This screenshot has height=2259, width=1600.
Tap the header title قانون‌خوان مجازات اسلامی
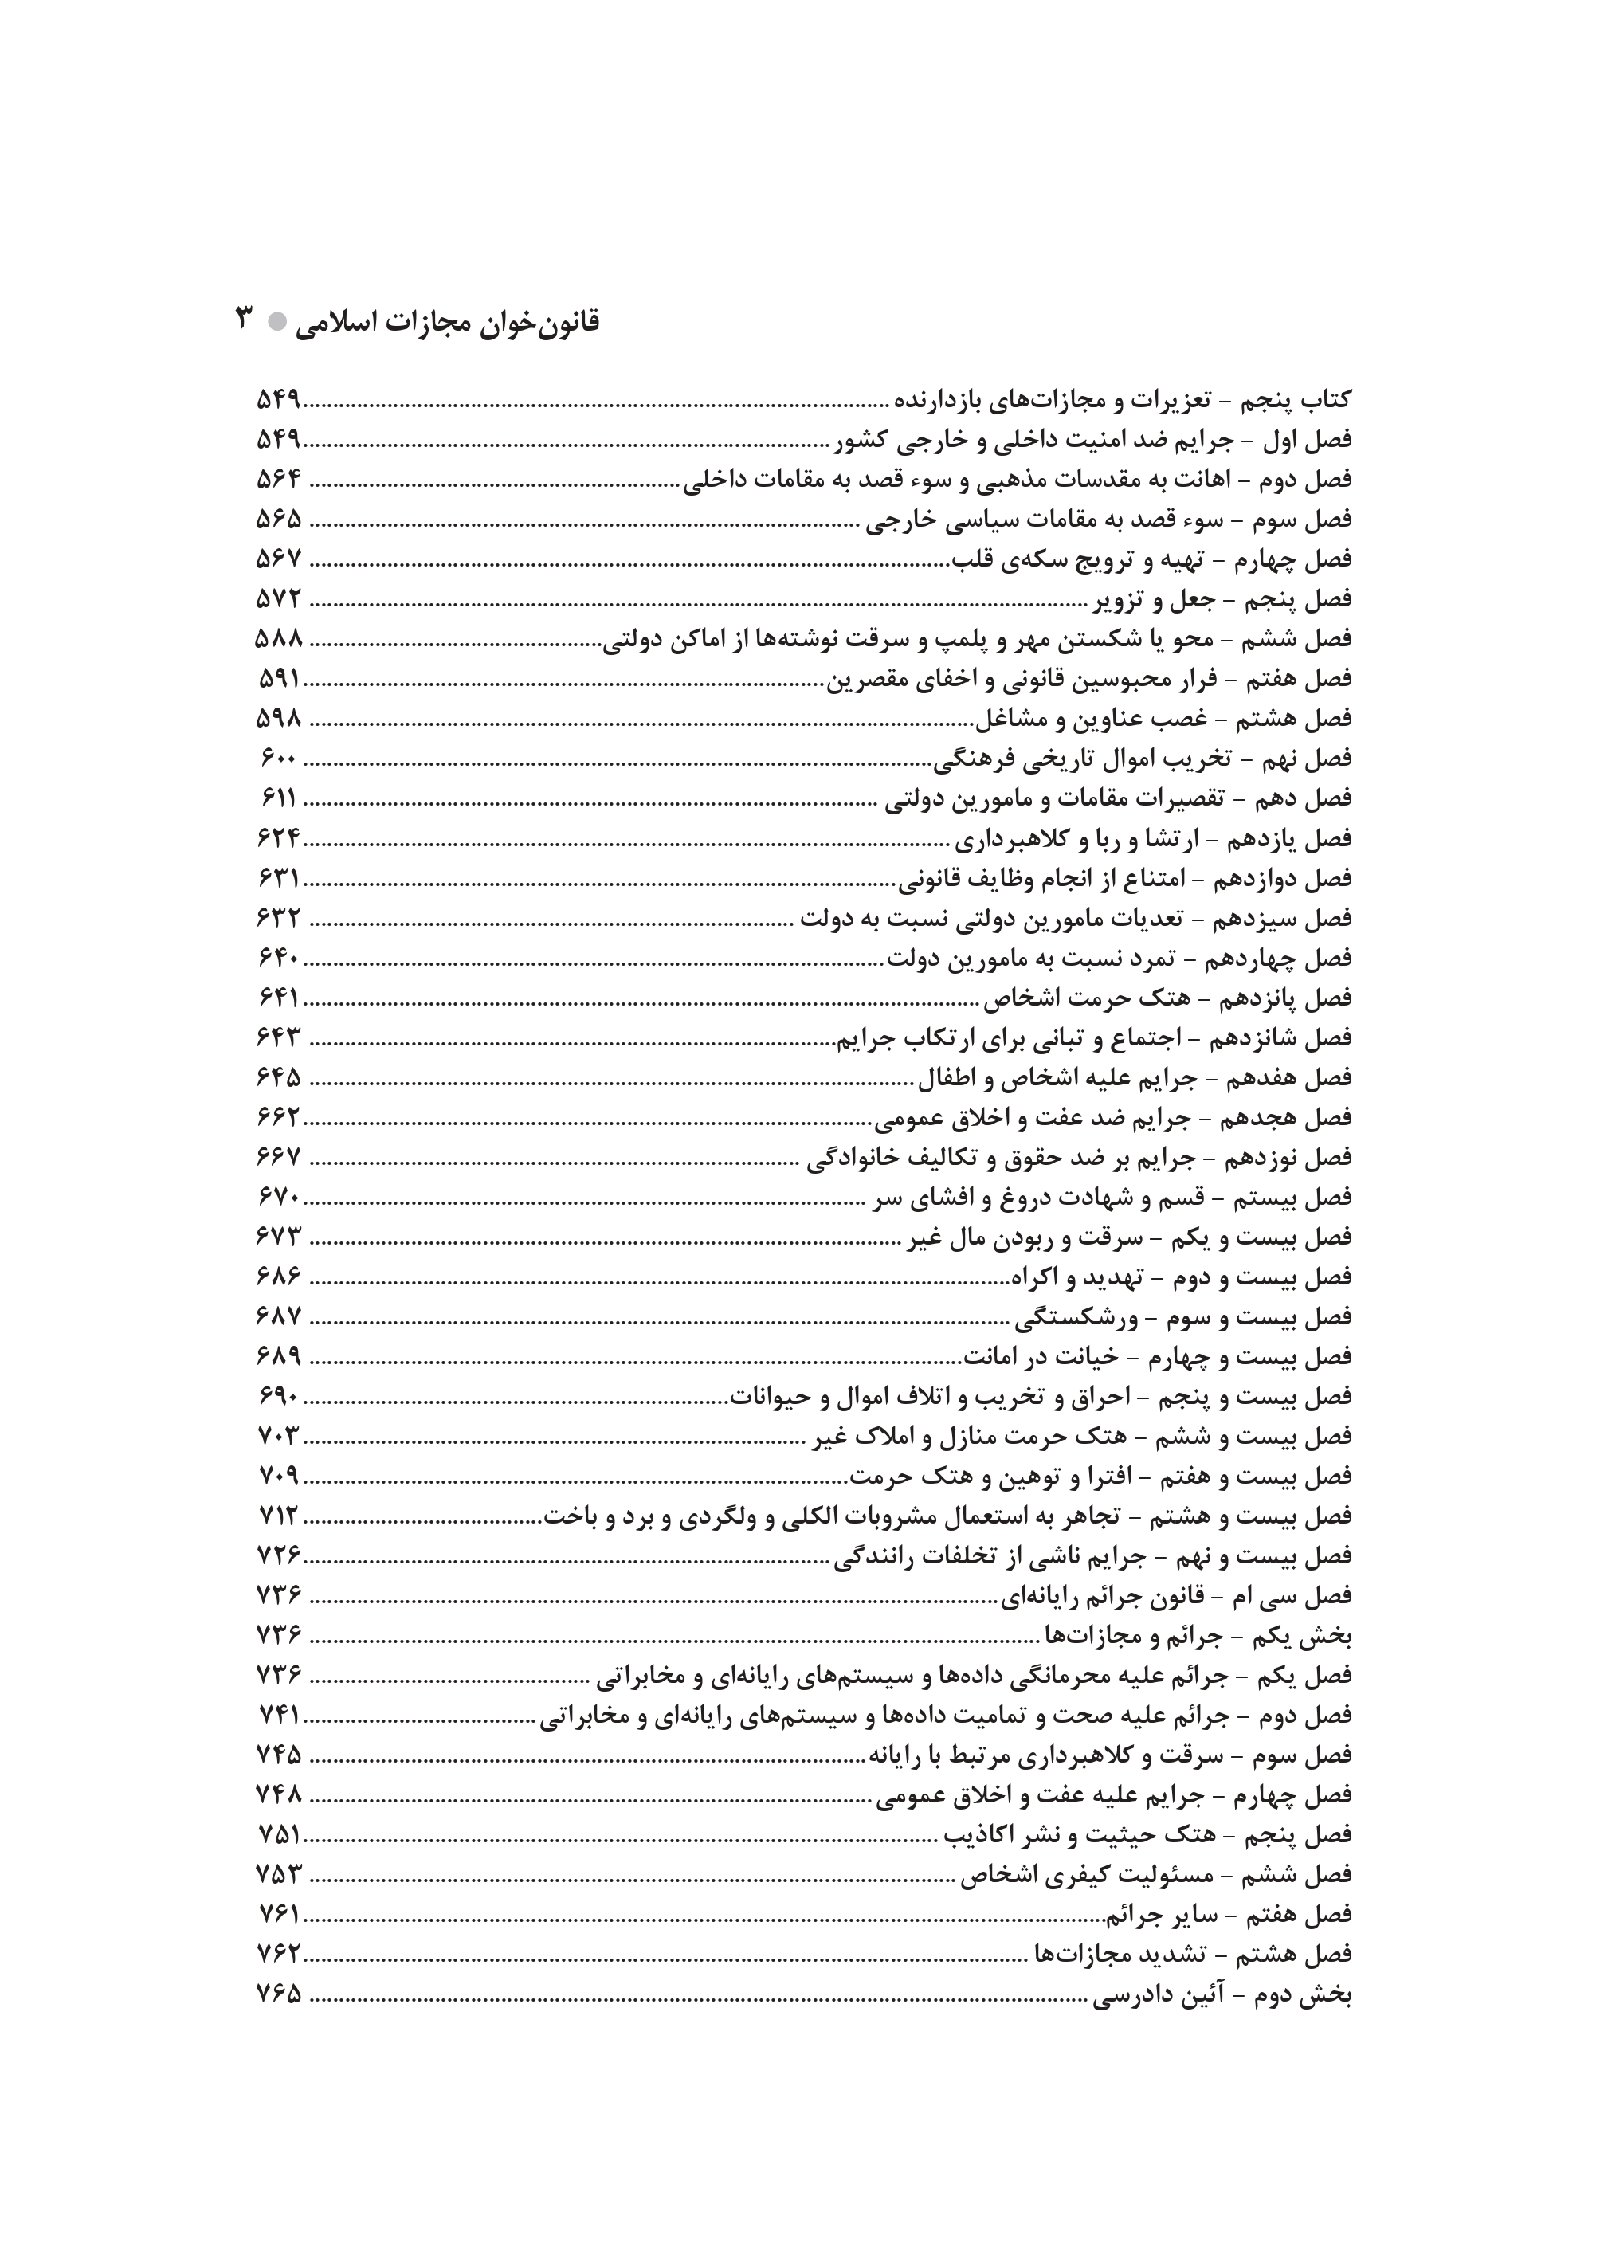click(449, 322)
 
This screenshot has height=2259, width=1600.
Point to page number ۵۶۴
click(278, 480)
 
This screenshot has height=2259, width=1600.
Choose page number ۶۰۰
click(279, 759)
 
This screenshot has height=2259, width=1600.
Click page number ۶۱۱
click(279, 798)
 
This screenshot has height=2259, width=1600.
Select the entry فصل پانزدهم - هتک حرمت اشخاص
click(1167, 998)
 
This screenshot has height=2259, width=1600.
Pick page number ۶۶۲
click(278, 1117)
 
